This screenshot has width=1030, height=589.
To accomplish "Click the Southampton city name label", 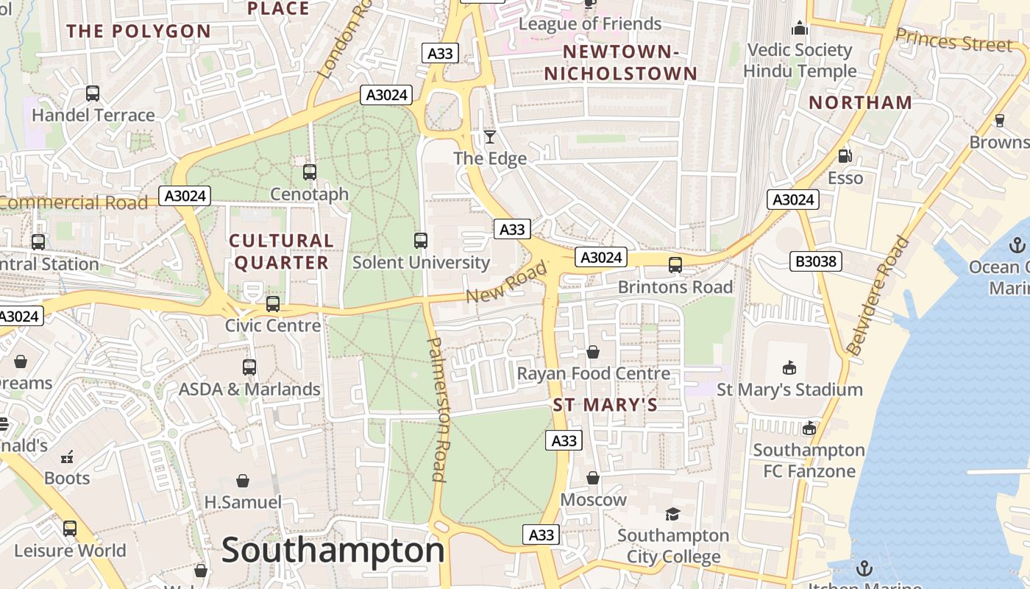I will pos(333,550).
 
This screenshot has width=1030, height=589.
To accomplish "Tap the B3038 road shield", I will pos(816,261).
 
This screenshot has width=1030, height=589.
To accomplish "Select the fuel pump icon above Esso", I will pos(845,156).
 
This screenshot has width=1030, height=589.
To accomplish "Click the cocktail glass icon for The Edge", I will pos(490,137).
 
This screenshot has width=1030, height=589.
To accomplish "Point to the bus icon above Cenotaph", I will pos(310,172).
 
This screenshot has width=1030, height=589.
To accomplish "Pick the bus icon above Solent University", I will pos(421,241).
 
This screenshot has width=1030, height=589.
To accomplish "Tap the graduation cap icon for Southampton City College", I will pos(672,514).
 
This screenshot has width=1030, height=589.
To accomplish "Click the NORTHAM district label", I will pos(860,102).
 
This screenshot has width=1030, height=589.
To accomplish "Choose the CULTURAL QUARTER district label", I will pos(281,252).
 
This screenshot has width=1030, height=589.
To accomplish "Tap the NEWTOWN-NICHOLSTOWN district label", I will pos(620,63).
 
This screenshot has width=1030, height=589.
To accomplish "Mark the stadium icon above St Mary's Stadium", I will pos(789,367).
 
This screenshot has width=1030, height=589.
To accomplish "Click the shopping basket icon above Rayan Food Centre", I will pos(593,353).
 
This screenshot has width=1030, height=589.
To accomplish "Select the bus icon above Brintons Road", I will pos(675,265).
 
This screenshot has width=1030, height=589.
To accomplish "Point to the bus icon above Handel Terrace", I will pos(93,94).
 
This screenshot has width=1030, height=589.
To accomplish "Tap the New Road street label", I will pos(508,282).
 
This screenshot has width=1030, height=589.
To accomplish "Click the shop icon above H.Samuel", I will pos(243,481).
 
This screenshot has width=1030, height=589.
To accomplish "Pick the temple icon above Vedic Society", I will pos(799,29).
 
